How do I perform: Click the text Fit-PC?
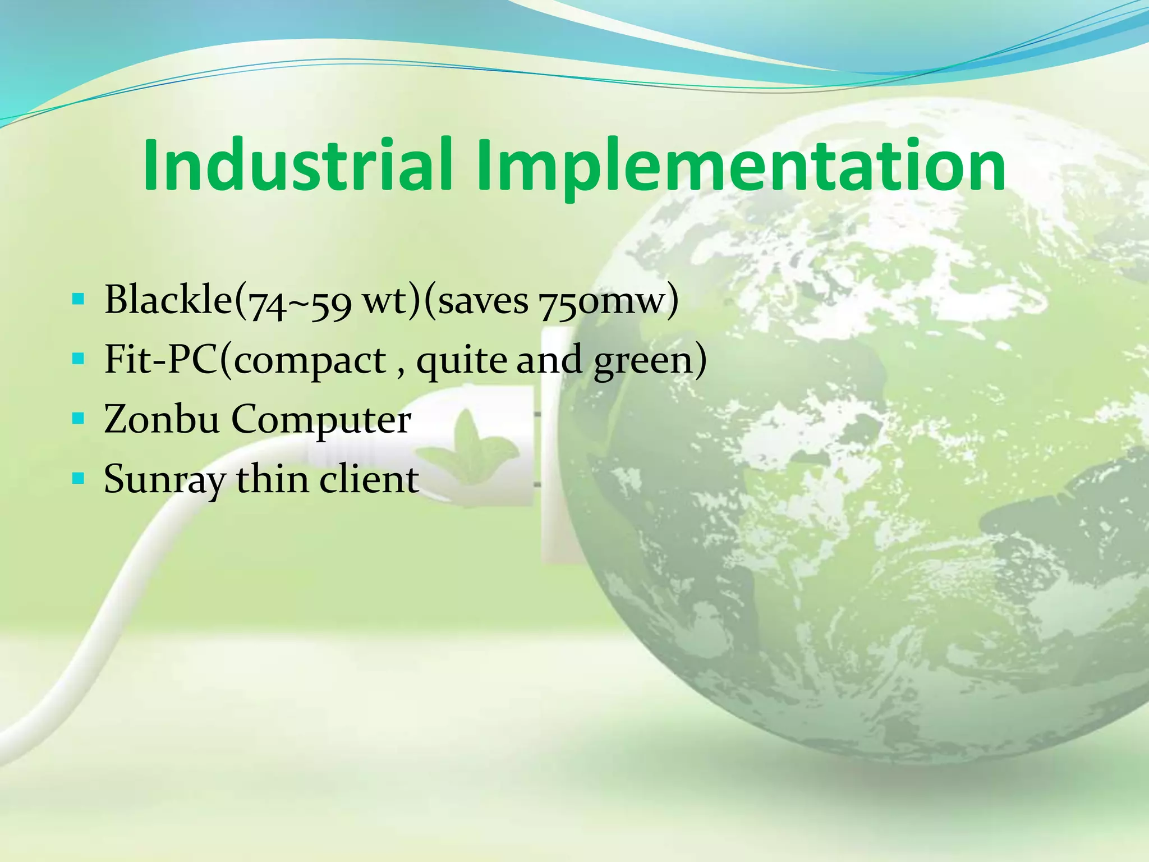160,360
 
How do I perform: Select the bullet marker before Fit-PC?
78,358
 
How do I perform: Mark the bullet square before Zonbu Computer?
78,418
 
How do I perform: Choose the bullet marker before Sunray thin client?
78,478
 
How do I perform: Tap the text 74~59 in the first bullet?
300,304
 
